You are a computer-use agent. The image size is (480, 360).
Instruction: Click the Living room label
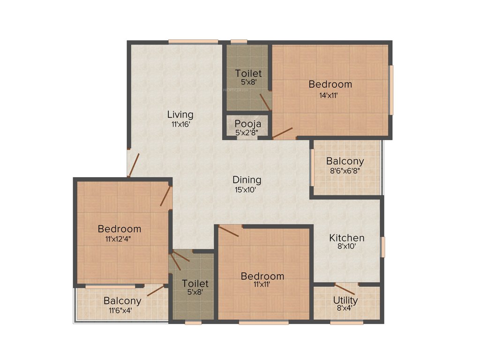(180, 114)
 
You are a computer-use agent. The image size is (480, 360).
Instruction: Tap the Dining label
(247, 180)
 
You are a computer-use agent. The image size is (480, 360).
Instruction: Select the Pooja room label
(248, 124)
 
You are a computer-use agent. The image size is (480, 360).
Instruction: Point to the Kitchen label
(346, 238)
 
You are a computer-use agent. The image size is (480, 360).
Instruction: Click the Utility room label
(345, 300)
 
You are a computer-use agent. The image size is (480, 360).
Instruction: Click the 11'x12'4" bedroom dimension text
(120, 239)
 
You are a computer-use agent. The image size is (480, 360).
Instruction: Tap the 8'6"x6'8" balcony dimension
(345, 171)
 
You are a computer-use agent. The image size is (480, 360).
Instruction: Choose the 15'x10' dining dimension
(247, 189)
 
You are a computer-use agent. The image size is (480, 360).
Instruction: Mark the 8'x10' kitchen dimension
(347, 247)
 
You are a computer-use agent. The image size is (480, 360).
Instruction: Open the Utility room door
(345, 289)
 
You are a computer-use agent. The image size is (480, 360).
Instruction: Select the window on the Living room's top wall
(193, 41)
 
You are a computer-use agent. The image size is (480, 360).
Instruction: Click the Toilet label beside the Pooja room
(248, 74)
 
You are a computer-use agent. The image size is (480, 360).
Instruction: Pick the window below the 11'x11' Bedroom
(263, 322)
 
